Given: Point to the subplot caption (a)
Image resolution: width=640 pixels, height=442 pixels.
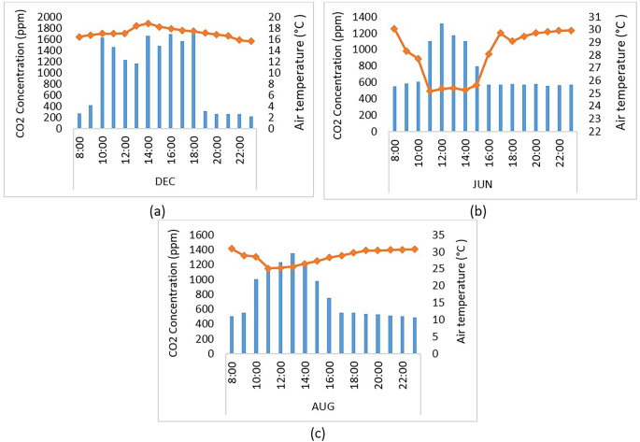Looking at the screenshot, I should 157,211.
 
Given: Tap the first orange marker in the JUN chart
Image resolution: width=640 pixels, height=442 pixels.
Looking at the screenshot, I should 393,29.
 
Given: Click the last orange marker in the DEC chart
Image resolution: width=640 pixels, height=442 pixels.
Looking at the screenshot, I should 250,41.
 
